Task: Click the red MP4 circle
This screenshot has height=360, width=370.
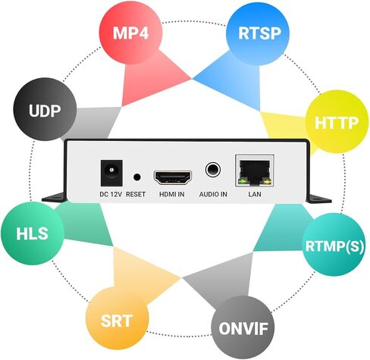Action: click(x=130, y=33)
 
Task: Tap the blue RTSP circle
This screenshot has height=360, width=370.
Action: click(x=258, y=33)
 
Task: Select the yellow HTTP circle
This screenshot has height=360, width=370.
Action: click(x=337, y=122)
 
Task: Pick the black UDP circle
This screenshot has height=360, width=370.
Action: click(x=45, y=109)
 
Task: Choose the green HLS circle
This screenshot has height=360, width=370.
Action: click(x=33, y=233)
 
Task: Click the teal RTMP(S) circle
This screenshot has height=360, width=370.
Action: click(x=334, y=245)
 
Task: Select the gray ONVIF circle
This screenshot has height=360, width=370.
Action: click(x=243, y=327)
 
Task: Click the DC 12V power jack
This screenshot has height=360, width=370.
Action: click(x=111, y=173)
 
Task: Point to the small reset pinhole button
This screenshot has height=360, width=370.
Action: click(x=136, y=177)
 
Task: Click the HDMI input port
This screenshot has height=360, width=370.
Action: click(x=173, y=177)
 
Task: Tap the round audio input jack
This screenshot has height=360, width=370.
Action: click(x=213, y=170)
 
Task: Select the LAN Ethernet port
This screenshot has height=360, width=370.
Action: click(x=255, y=171)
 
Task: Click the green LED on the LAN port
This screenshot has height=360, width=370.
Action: click(x=243, y=181)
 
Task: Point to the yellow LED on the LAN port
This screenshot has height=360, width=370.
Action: click(x=267, y=181)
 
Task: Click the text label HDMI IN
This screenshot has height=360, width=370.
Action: click(x=172, y=194)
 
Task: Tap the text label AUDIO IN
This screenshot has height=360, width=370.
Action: click(x=213, y=194)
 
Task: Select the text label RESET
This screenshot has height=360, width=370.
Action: click(x=136, y=194)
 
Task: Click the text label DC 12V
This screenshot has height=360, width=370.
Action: click(x=111, y=194)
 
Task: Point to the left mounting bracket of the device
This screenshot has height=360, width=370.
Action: click(x=55, y=197)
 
